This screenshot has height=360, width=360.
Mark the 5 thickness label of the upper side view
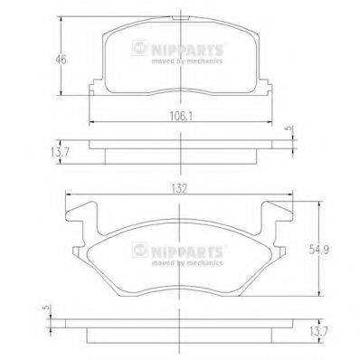288,129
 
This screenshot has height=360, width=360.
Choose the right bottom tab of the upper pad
270,88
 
